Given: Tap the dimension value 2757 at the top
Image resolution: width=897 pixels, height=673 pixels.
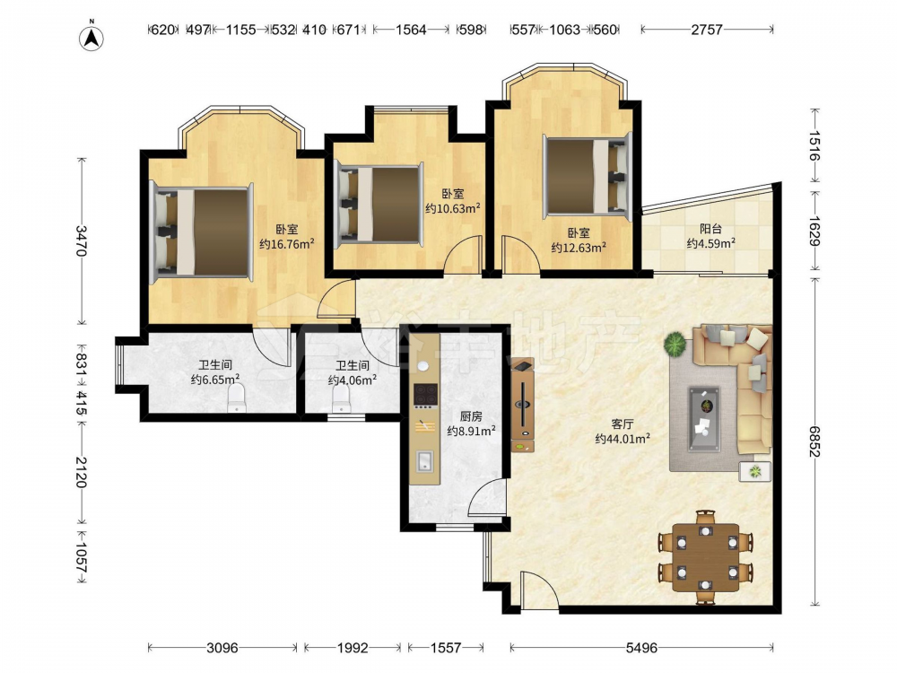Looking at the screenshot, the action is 707,30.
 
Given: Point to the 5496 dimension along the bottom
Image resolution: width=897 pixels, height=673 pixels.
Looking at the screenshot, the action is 641,648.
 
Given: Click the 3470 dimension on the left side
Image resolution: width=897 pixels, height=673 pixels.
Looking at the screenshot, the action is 82,240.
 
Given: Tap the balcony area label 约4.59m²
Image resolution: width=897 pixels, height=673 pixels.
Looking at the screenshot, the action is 711,243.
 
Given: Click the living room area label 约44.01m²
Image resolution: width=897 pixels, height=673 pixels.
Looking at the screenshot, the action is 623,439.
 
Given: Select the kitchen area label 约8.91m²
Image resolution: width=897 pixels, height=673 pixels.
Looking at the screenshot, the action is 471,431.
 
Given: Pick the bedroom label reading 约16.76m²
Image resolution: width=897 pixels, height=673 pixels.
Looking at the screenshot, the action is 287,244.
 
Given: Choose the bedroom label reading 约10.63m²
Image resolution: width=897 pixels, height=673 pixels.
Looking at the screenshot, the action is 452,208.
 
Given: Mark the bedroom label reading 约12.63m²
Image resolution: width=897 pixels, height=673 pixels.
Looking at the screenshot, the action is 579,248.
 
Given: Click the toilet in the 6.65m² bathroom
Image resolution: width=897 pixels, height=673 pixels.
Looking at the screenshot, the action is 236,398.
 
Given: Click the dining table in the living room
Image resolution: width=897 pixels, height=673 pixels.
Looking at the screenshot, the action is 705,557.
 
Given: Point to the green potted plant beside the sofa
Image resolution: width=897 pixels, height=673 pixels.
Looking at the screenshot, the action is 675,344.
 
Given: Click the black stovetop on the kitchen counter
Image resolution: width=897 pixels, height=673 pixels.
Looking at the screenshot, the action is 425,394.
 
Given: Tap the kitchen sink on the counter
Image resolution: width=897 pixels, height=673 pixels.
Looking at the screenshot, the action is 424,460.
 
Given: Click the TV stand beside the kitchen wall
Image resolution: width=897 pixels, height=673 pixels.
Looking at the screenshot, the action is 523,406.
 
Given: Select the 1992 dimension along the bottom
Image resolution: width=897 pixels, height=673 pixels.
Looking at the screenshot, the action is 353,648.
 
